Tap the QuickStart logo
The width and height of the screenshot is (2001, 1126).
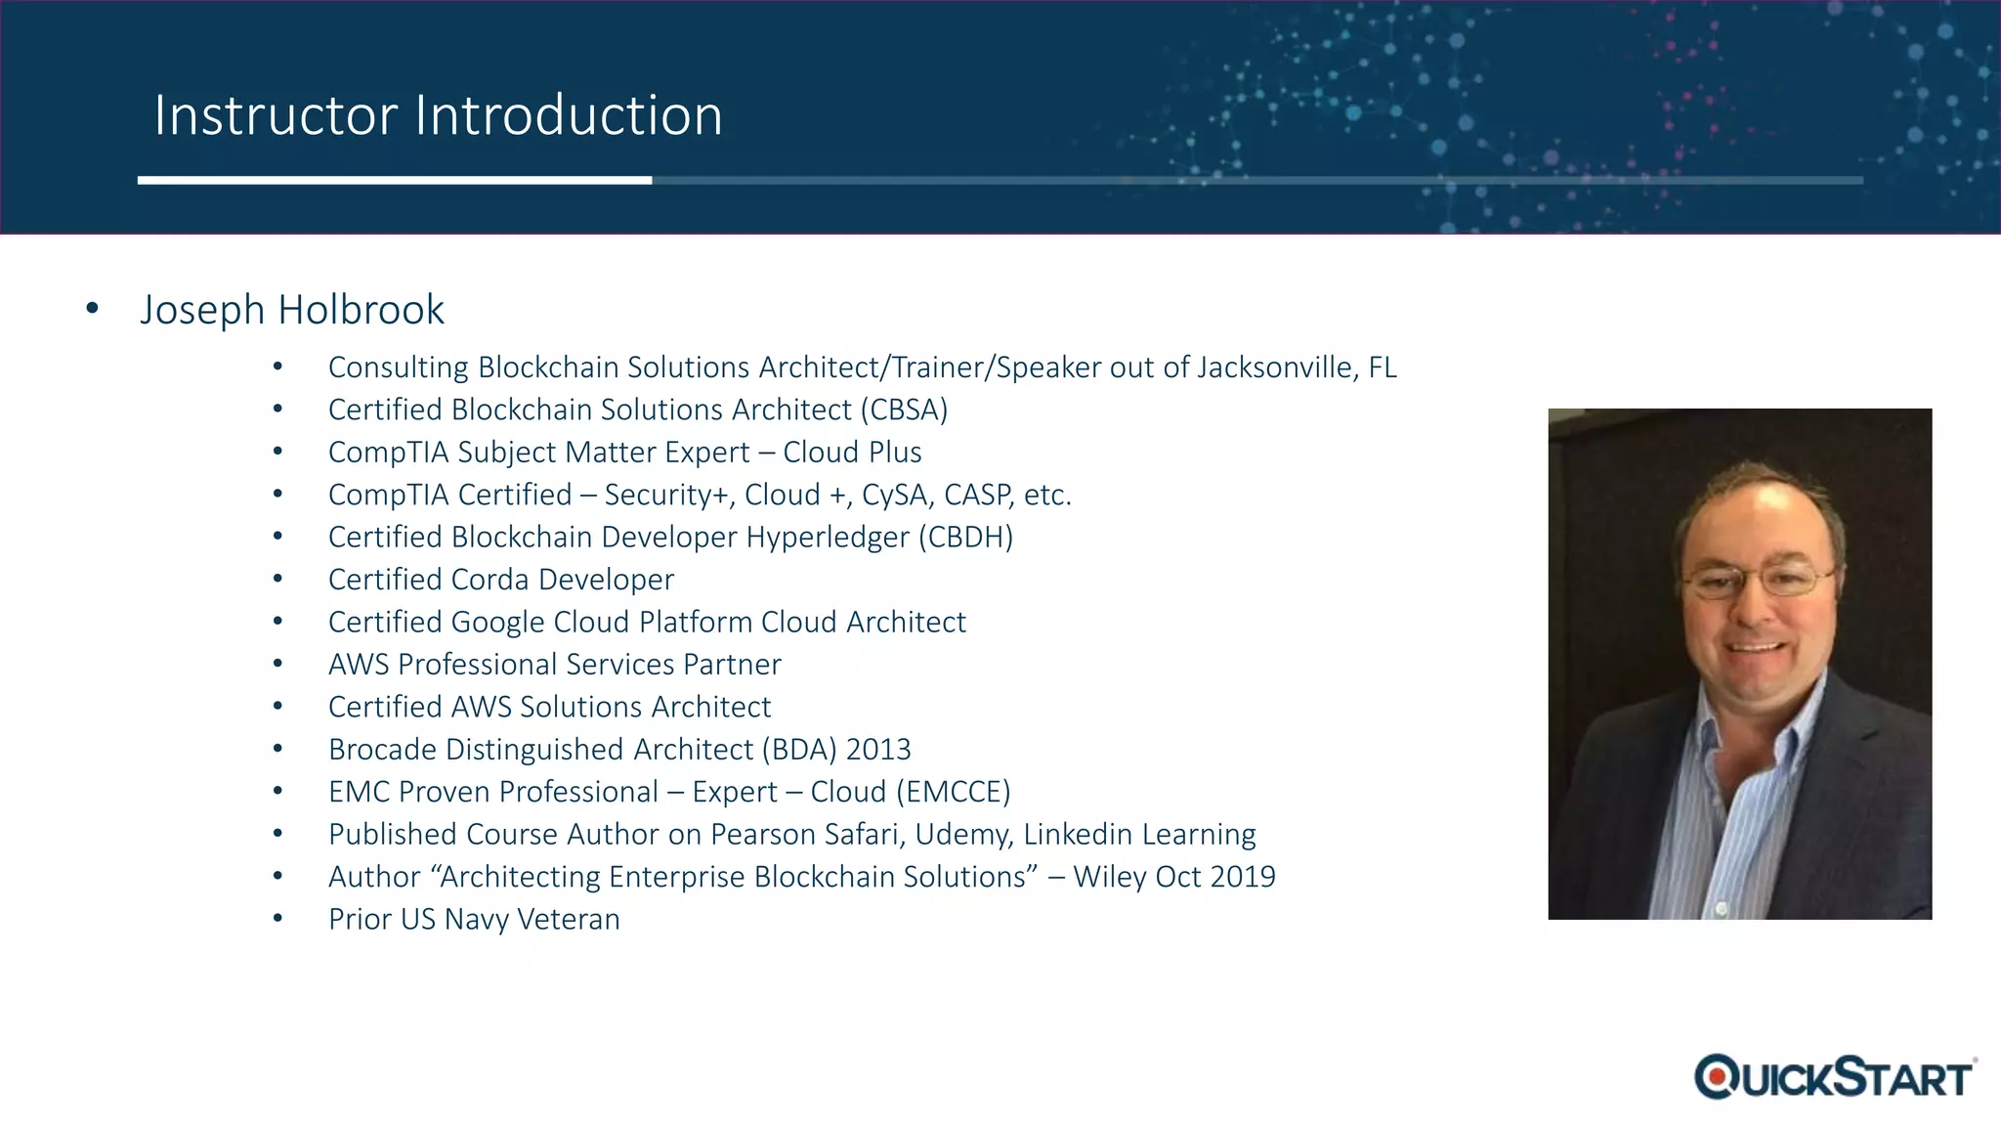point(1834,1077)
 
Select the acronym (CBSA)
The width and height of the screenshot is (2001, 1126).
point(904,410)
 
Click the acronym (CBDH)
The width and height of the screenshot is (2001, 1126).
point(965,538)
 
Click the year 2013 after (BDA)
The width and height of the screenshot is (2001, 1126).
point(878,750)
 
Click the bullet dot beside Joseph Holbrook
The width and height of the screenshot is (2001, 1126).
point(93,309)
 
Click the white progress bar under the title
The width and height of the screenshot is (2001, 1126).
point(395,180)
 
